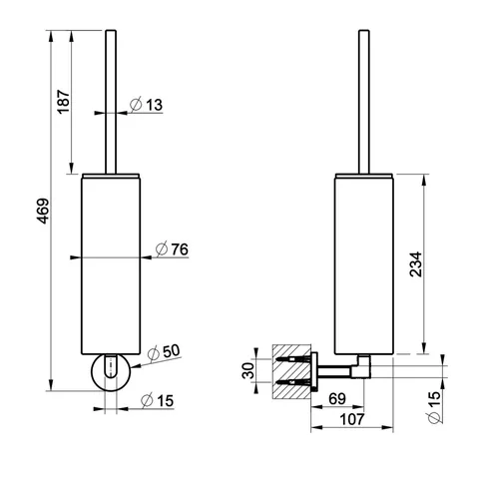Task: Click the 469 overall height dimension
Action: [x=43, y=212]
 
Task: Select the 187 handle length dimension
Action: [x=64, y=102]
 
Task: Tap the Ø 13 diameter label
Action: [x=147, y=105]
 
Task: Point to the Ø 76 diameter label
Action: [x=172, y=249]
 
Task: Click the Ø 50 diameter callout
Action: [x=164, y=352]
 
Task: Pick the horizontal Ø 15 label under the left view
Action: [x=157, y=400]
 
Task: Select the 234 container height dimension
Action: [x=415, y=264]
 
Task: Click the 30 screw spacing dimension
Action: [x=248, y=370]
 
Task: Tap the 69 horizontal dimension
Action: [x=337, y=398]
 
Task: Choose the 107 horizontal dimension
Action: [x=352, y=419]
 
